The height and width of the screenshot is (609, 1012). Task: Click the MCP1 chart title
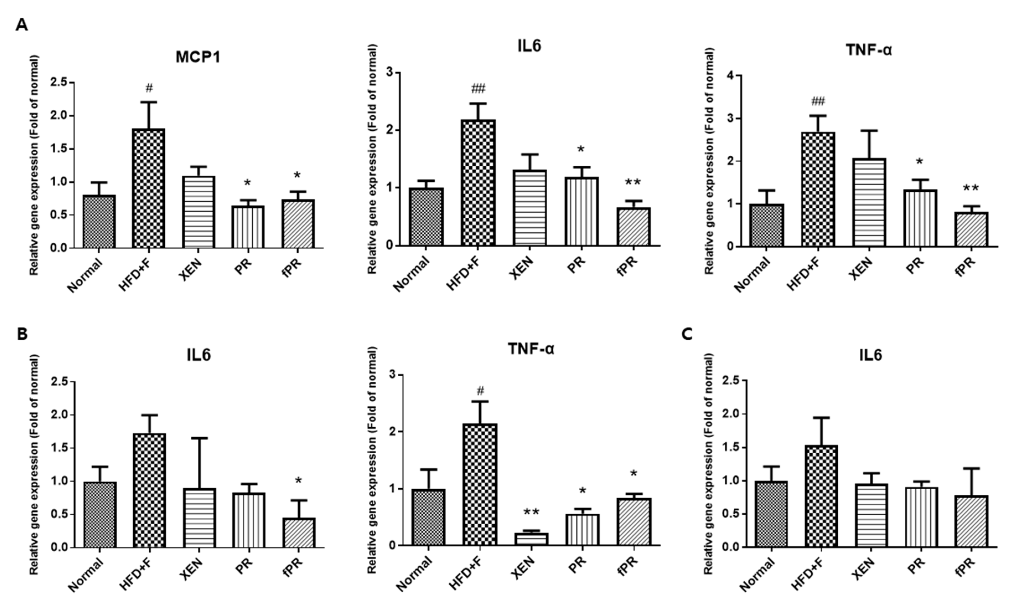click(198, 57)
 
